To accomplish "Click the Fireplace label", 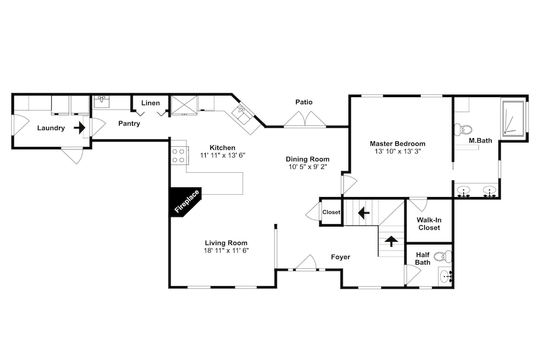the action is coord(187,201).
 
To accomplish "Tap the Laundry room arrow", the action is coord(79,128).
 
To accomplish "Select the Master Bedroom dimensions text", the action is coord(398,151).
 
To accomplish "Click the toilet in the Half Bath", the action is coord(443,256).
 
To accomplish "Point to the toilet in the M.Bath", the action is coord(463,130).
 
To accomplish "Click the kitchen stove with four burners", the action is coord(179,155).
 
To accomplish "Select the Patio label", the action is coord(304,102).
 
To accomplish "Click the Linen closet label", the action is coord(151,103).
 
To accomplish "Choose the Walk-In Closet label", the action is coord(429,223).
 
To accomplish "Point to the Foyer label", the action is coord(341,257).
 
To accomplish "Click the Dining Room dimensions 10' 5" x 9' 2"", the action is coord(308,167).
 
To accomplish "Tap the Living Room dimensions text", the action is coord(226,250).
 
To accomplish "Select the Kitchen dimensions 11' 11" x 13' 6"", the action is coord(222,155).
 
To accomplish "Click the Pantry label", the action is coord(129,123).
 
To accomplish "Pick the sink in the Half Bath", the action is coord(446,276).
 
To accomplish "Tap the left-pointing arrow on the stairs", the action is coord(363,213).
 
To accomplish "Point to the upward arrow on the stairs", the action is coord(391,241).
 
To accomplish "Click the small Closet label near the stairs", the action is coord(332,212).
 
